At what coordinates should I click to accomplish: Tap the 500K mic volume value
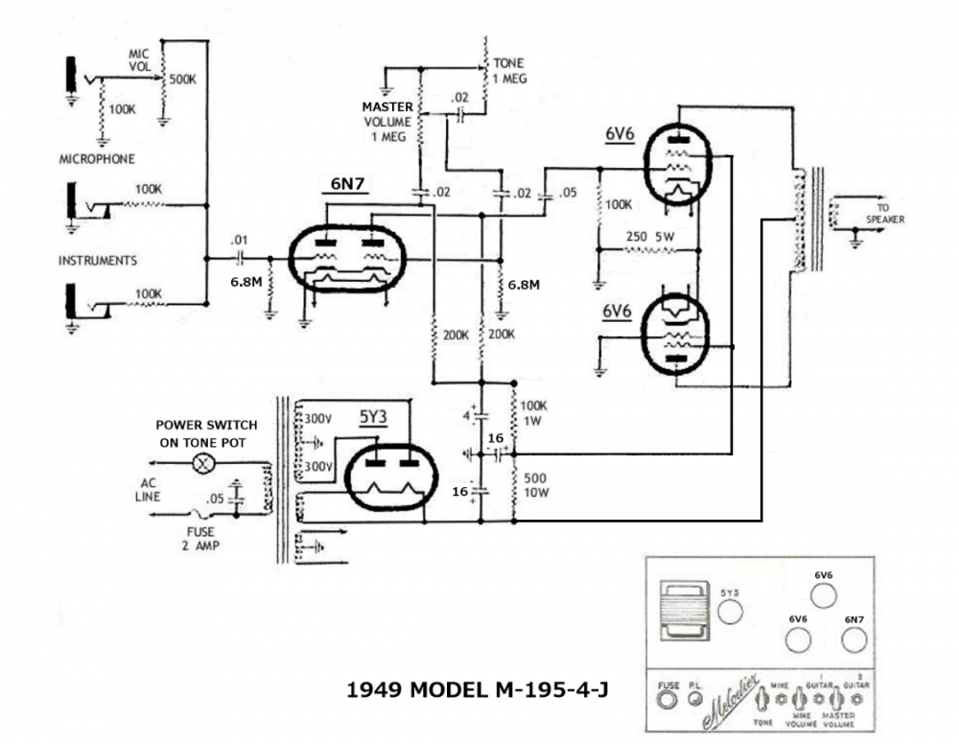[x=183, y=80]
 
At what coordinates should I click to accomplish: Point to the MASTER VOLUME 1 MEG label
[x=386, y=122]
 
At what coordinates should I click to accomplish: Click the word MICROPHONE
[x=97, y=159]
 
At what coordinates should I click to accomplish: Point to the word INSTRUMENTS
[x=97, y=260]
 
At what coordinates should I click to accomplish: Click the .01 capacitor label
[x=240, y=240]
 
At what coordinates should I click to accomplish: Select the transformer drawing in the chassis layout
[x=685, y=611]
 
